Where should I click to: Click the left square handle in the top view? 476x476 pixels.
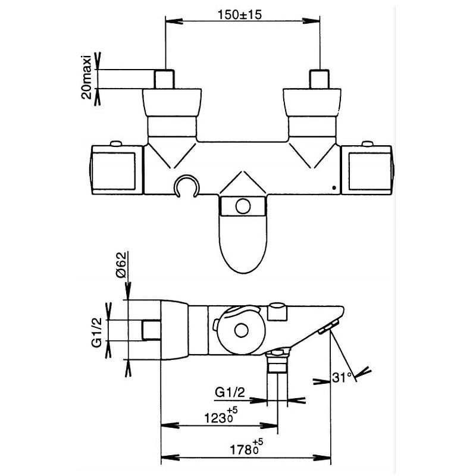(117, 170)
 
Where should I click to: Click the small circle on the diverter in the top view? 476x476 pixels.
(242, 207)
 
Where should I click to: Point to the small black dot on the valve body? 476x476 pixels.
(334, 190)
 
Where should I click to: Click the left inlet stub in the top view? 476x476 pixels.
(164, 79)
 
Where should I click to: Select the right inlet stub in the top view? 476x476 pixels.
(321, 79)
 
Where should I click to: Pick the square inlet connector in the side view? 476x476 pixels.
(151, 330)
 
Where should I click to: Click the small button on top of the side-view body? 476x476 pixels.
(277, 310)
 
